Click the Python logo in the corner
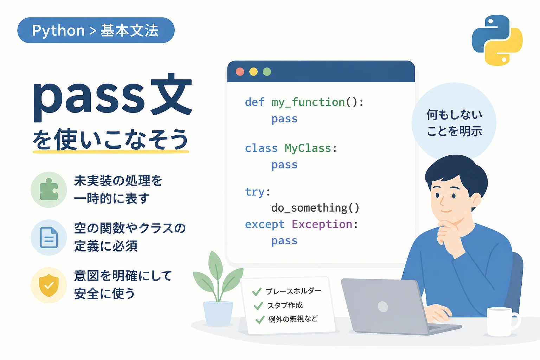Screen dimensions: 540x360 click(497, 40)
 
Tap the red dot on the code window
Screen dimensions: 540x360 click(240, 72)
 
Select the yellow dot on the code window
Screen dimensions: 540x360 click(253, 72)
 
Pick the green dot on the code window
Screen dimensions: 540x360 click(267, 72)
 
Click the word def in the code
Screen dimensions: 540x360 click(255, 102)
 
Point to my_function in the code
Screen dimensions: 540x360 click(308, 103)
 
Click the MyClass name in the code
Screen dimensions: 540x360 click(308, 148)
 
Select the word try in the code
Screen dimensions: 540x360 click(255, 192)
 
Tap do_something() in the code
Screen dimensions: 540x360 click(315, 208)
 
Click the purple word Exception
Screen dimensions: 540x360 click(322, 225)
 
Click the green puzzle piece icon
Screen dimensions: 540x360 click(49, 189)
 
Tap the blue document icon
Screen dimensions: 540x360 click(49, 238)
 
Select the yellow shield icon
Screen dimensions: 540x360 click(49, 285)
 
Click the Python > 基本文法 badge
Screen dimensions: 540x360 click(96, 30)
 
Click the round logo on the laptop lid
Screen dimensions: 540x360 click(383, 307)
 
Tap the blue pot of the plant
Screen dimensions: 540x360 click(218, 314)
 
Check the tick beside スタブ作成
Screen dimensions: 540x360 click(258, 306)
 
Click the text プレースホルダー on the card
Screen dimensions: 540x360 click(294, 291)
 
